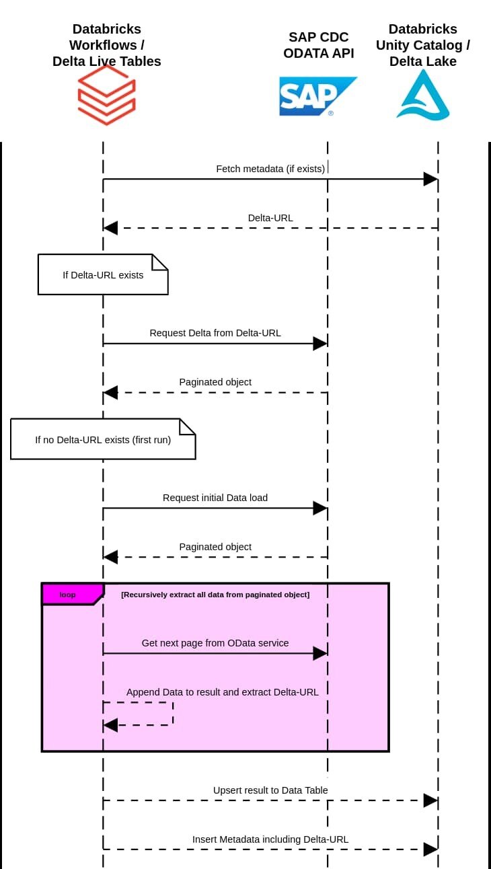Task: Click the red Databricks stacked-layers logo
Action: tap(106, 95)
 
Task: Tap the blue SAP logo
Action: tap(317, 96)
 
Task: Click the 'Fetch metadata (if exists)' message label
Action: tap(270, 168)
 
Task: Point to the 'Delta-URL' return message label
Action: tap(270, 217)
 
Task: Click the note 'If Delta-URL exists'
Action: tap(103, 274)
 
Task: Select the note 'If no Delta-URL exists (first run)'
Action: tap(103, 440)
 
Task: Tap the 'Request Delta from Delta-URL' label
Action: tap(215, 332)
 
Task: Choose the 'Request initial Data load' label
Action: tap(215, 498)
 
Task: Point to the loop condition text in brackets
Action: tap(215, 595)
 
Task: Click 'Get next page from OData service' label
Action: tap(215, 643)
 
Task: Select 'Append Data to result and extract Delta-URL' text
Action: tap(223, 691)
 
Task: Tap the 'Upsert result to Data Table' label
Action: tap(270, 790)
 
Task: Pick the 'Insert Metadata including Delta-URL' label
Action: tap(270, 839)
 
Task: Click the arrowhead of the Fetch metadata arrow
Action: tap(430, 179)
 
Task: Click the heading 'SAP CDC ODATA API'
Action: tap(319, 45)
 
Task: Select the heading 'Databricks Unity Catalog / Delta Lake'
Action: tap(423, 45)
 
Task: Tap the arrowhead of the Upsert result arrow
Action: tap(430, 800)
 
